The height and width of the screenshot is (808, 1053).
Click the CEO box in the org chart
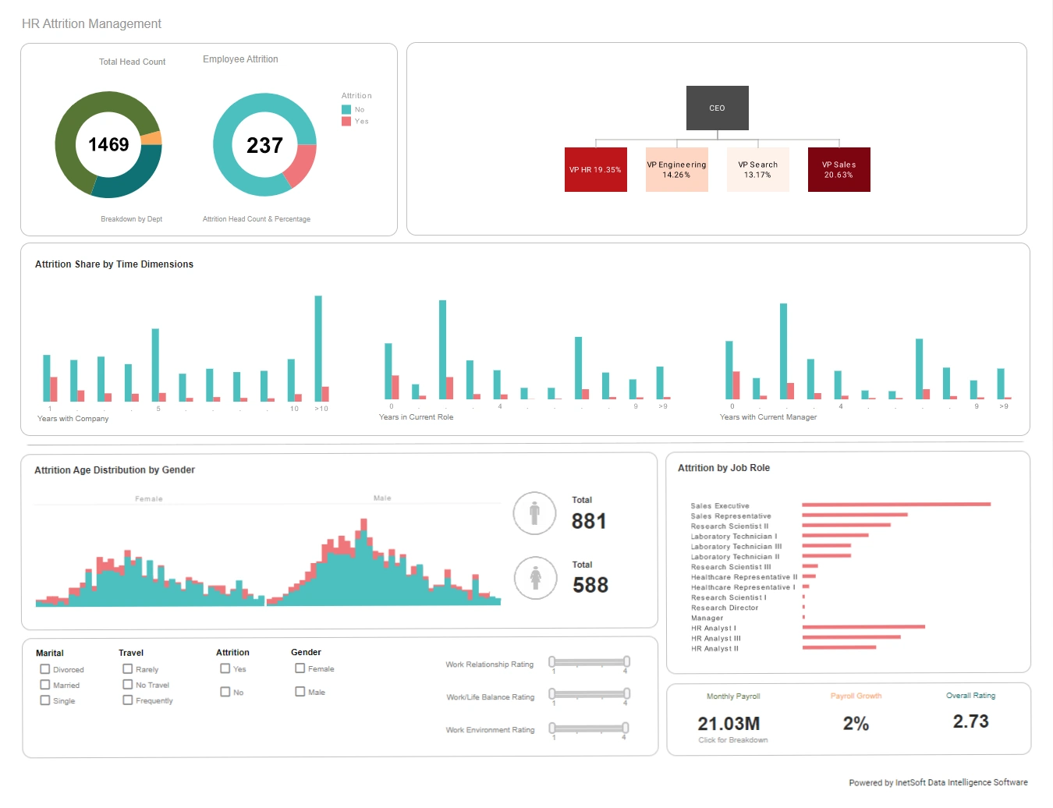[717, 108]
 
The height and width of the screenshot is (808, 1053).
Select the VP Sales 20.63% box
[838, 169]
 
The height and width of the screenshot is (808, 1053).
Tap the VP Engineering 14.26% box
[676, 169]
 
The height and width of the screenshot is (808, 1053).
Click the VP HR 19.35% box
[595, 169]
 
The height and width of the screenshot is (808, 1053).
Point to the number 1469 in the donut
[108, 144]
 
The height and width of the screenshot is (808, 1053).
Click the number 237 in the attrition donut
[264, 145]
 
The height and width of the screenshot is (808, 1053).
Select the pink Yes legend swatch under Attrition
[346, 121]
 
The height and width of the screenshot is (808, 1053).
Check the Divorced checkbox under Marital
[45, 669]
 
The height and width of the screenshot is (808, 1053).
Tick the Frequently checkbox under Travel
[127, 700]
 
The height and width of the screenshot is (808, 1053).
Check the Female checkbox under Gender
[300, 668]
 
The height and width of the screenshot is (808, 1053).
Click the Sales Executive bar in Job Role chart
[895, 505]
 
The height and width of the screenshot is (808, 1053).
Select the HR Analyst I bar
[863, 627]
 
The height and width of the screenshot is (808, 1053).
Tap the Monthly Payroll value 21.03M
[729, 724]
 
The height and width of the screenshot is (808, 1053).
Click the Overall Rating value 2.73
[970, 721]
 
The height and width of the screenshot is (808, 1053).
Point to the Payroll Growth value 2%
[856, 724]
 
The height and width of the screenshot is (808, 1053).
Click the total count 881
[588, 521]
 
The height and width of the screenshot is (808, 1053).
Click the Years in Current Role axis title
[416, 417]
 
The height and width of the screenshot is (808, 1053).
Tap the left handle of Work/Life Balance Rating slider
[552, 693]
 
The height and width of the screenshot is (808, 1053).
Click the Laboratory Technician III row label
[736, 547]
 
